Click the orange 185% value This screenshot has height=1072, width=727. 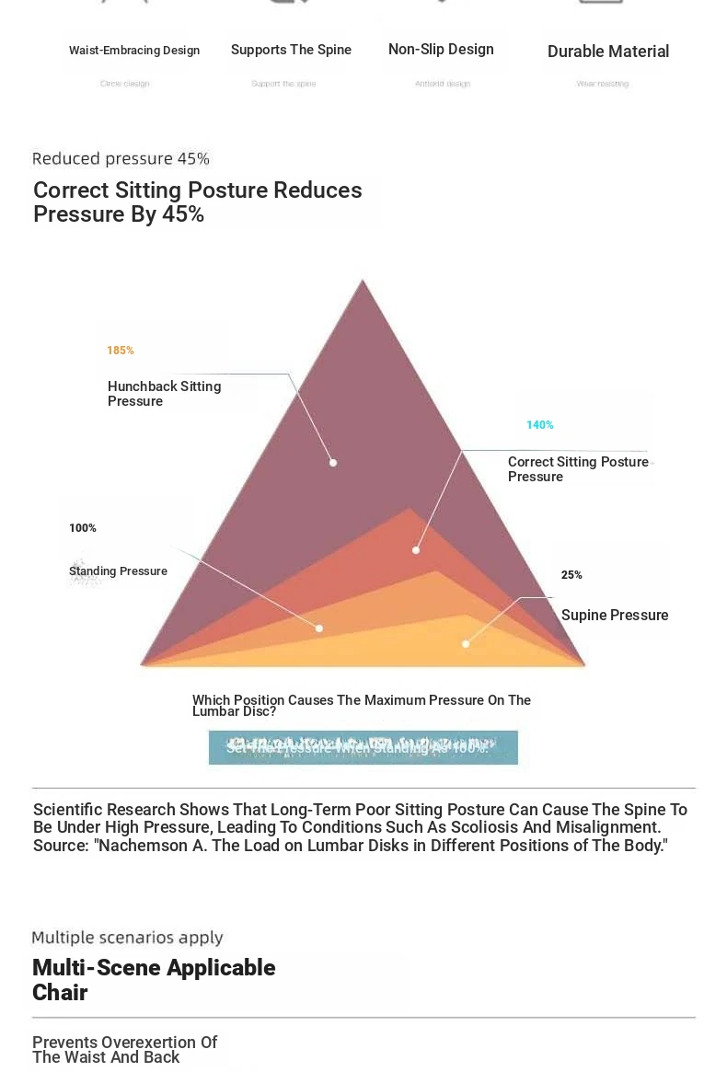(121, 351)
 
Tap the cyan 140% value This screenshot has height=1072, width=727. (540, 425)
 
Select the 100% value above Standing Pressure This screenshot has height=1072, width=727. (83, 528)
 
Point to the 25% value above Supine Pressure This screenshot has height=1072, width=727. (571, 575)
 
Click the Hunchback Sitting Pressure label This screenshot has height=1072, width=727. (164, 394)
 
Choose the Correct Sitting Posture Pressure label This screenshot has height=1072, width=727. (578, 469)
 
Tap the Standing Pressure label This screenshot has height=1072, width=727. (118, 571)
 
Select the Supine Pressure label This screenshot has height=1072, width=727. (615, 616)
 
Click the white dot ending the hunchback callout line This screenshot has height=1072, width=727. (333, 463)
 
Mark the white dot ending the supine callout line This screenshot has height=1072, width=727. (466, 644)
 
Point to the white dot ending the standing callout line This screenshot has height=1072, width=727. (319, 628)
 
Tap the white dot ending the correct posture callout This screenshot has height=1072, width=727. (416, 550)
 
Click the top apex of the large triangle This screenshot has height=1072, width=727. (363, 281)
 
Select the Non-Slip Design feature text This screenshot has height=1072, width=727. (441, 50)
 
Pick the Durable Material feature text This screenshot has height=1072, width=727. (607, 52)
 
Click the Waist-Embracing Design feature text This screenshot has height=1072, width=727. (134, 51)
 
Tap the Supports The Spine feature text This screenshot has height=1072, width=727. (291, 50)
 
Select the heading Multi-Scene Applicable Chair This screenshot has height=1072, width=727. (154, 979)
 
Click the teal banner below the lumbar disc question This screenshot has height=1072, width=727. (363, 747)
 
